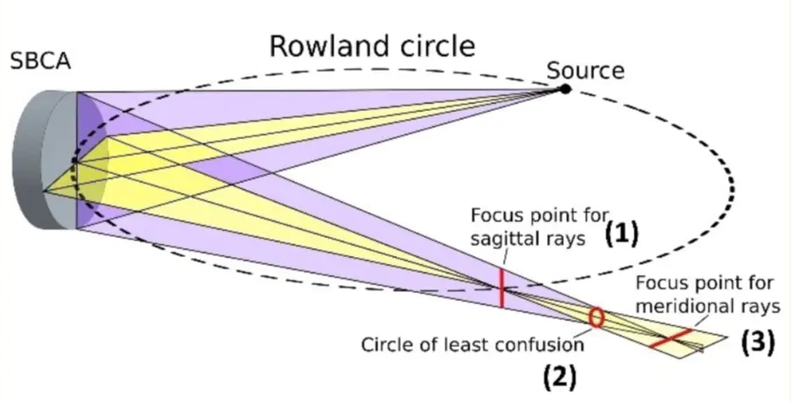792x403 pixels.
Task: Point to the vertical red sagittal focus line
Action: pos(501,288)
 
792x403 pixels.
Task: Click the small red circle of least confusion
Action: pos(596,316)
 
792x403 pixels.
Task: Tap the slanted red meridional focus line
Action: pos(671,336)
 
